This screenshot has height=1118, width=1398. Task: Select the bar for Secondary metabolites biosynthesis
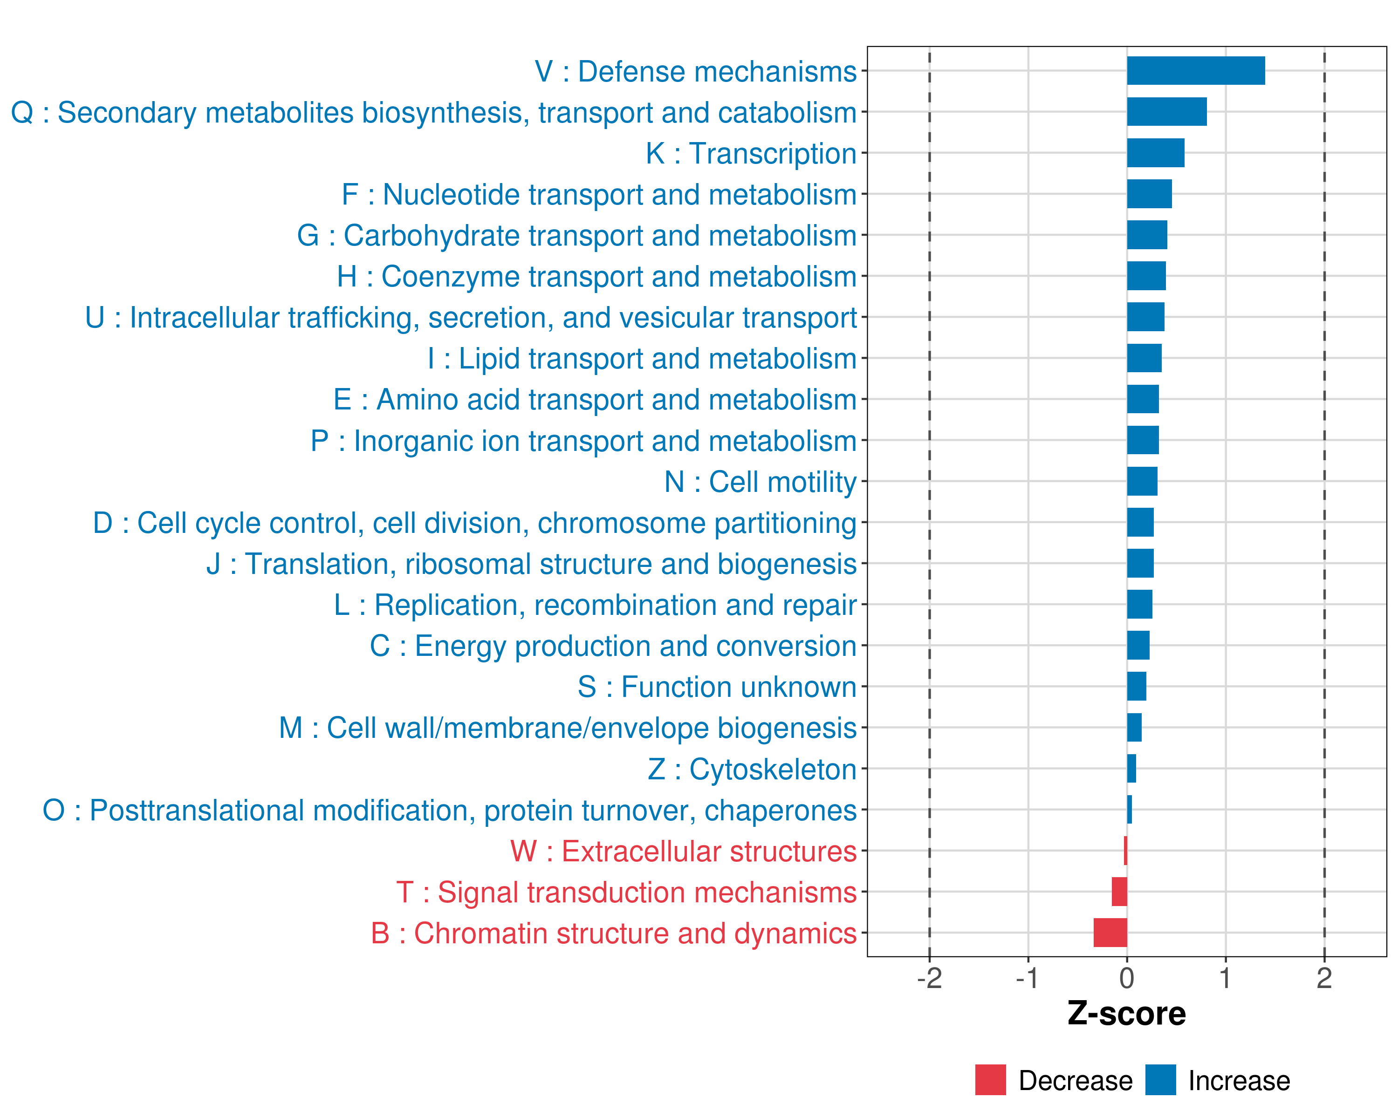(x=1166, y=111)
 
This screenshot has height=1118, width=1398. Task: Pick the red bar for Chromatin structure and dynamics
(x=1110, y=933)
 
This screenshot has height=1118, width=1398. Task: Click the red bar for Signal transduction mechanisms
(x=1119, y=891)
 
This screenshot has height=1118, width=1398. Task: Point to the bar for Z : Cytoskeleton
(x=1131, y=769)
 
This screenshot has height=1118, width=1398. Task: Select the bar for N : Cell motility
(x=1142, y=481)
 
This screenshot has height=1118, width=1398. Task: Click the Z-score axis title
(x=1126, y=1014)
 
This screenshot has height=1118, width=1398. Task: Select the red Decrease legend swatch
(x=990, y=1080)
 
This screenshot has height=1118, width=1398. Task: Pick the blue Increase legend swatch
(x=1160, y=1080)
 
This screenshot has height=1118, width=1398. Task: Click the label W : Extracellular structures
(x=684, y=851)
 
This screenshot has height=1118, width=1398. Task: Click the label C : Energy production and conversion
(x=613, y=646)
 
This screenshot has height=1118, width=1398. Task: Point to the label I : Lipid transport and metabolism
(x=642, y=358)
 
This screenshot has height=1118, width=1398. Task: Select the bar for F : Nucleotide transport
(x=1149, y=194)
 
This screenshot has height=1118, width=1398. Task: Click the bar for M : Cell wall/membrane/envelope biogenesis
(x=1134, y=727)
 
